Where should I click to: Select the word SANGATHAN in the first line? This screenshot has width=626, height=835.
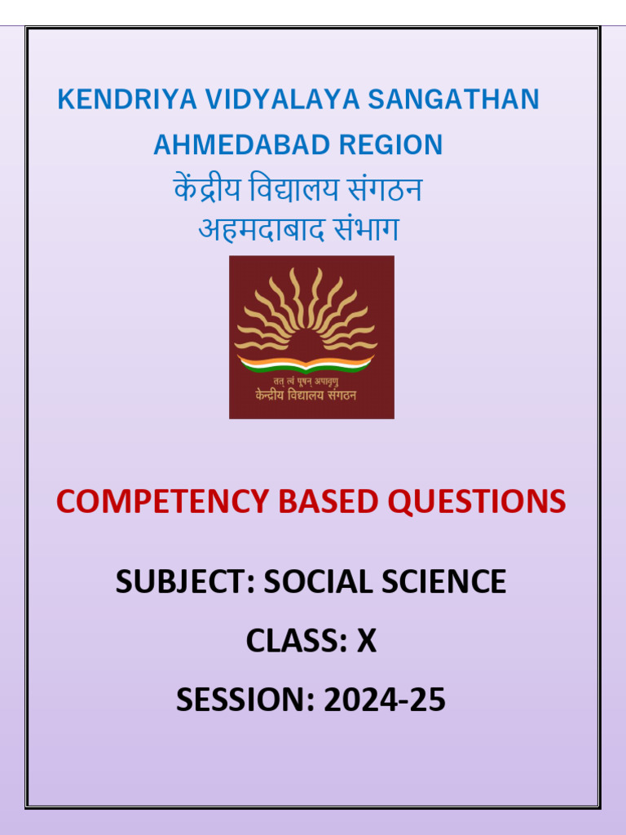pyautogui.click(x=453, y=99)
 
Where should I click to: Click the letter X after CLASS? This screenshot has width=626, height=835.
pyautogui.click(x=367, y=642)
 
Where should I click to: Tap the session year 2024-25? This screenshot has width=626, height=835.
pyautogui.click(x=385, y=700)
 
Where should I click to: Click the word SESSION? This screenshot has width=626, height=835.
pyautogui.click(x=243, y=700)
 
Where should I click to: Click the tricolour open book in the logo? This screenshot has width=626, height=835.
pyautogui.click(x=305, y=361)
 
